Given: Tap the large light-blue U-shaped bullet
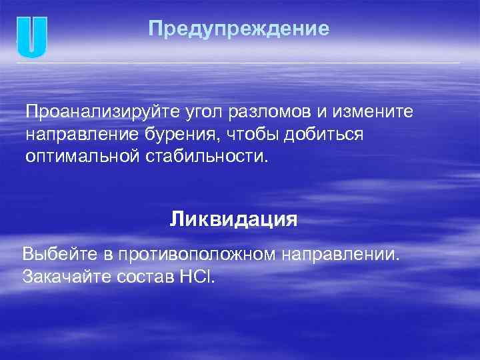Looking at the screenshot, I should click(x=32, y=37).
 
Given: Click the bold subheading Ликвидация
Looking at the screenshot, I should click(x=233, y=219).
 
